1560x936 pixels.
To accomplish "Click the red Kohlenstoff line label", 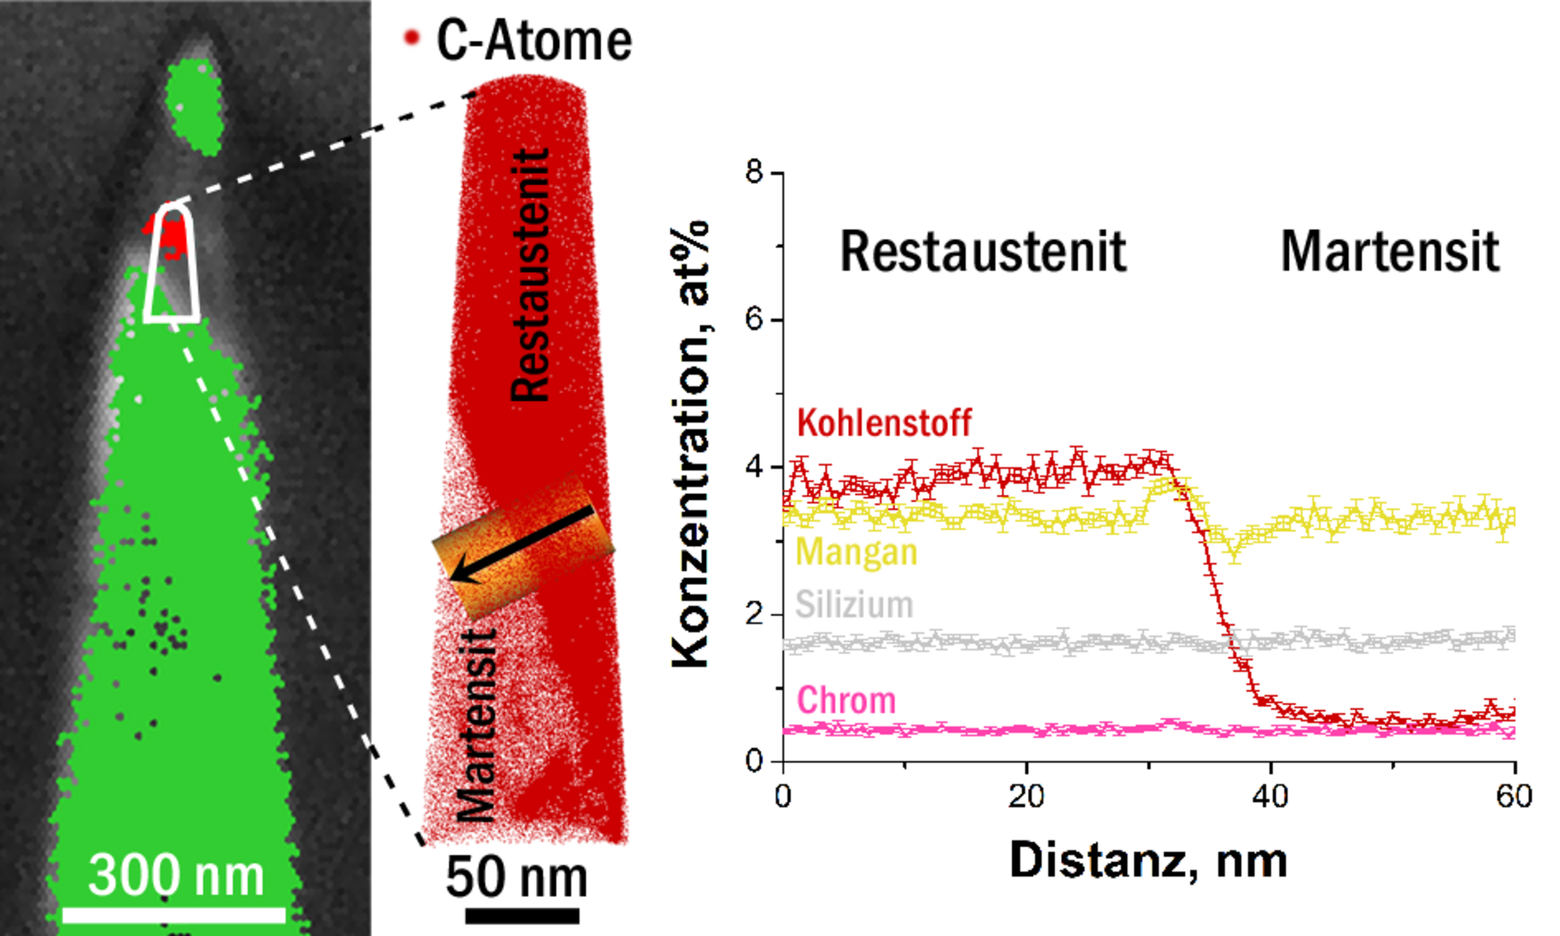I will click(884, 422).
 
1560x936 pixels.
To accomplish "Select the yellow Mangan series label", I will click(856, 552).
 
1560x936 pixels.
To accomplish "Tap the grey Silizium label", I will click(854, 604).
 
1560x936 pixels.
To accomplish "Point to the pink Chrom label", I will click(846, 700).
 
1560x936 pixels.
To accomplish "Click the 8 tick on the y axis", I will click(755, 173).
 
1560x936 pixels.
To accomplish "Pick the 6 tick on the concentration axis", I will click(755, 320).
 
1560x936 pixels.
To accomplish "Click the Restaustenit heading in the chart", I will click(983, 252).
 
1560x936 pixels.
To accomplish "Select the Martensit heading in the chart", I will click(1390, 252).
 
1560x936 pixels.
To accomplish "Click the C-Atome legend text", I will click(534, 41).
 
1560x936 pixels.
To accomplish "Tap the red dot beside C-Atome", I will click(412, 37).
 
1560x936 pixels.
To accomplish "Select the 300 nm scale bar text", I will click(175, 875).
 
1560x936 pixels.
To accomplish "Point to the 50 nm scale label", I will click(517, 877).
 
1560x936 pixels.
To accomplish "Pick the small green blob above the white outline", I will click(195, 106).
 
